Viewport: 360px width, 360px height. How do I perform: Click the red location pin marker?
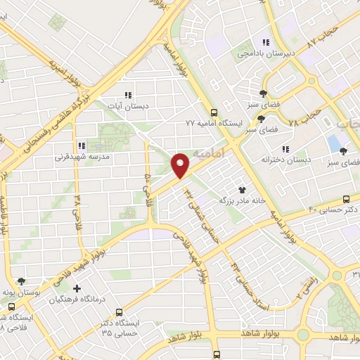click(181, 165)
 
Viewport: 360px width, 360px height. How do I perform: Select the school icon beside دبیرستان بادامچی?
click(265, 41)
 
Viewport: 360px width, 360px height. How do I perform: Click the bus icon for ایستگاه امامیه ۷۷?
click(214, 112)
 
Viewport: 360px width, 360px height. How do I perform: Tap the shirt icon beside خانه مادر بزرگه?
click(243, 189)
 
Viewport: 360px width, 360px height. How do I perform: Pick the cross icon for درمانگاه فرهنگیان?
click(77, 288)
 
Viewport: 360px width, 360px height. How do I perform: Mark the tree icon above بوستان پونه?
click(21, 281)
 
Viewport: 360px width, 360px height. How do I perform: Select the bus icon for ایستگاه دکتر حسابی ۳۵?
click(119, 311)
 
